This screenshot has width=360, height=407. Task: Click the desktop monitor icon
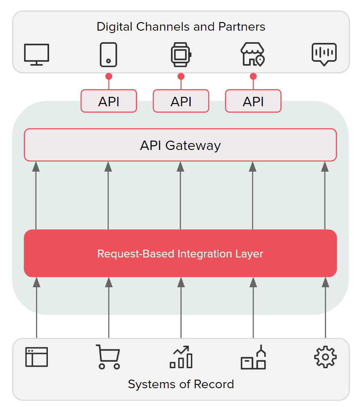pyautogui.click(x=37, y=54)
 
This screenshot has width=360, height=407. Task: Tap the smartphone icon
pyautogui.click(x=109, y=54)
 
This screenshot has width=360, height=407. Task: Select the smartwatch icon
pyautogui.click(x=181, y=54)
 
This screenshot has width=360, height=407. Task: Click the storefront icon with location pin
pyautogui.click(x=253, y=54)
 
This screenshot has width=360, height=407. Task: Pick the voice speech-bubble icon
pyautogui.click(x=324, y=54)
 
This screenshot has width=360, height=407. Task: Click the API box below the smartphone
pyautogui.click(x=109, y=101)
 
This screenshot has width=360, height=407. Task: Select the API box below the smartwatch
pyautogui.click(x=181, y=101)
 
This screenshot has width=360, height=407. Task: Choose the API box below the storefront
pyautogui.click(x=253, y=101)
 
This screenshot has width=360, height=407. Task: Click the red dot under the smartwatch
pyautogui.click(x=181, y=76)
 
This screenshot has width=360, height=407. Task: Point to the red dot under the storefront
pyautogui.click(x=253, y=76)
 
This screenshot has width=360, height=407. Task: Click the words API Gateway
pyautogui.click(x=180, y=145)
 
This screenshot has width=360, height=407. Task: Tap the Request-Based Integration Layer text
pyautogui.click(x=180, y=254)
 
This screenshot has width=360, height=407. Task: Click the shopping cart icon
pyautogui.click(x=108, y=357)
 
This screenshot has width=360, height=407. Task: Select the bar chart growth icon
pyautogui.click(x=181, y=357)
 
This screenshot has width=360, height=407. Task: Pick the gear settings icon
pyautogui.click(x=325, y=357)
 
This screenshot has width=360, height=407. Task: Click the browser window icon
pyautogui.click(x=37, y=357)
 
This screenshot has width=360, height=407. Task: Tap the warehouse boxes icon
pyautogui.click(x=253, y=357)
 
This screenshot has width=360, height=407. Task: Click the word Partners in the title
pyautogui.click(x=242, y=27)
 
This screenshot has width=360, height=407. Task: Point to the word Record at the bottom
pyautogui.click(x=214, y=384)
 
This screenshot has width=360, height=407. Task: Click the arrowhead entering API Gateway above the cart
pyautogui.click(x=108, y=167)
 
